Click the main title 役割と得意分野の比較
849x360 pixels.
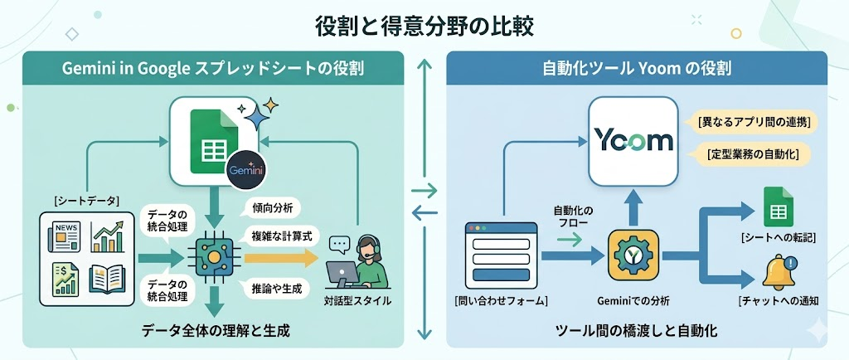[x=424, y=25]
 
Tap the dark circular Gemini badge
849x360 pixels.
[x=246, y=168]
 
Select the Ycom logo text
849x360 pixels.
[x=634, y=139]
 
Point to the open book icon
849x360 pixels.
[x=108, y=278]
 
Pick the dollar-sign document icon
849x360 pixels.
[x=65, y=278]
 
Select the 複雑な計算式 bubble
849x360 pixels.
[x=280, y=237]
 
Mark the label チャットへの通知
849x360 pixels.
[x=779, y=299]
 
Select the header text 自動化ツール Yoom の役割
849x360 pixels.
[x=636, y=70]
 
